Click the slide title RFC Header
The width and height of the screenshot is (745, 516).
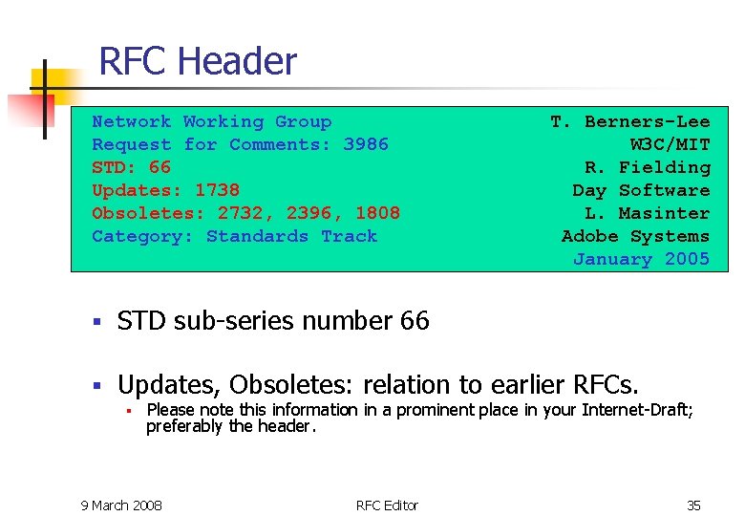click(198, 62)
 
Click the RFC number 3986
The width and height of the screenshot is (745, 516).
click(366, 144)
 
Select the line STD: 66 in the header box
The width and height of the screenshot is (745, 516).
click(131, 167)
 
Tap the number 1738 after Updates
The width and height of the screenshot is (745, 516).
click(217, 190)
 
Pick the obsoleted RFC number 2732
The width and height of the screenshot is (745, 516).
click(240, 213)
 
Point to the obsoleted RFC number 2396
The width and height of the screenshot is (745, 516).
click(309, 213)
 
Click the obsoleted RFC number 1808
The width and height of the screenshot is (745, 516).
click(377, 213)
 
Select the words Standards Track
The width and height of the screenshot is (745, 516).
click(291, 236)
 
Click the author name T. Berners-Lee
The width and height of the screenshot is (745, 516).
click(629, 121)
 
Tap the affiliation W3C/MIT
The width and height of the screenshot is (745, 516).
click(670, 144)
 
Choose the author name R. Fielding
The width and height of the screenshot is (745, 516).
click(647, 167)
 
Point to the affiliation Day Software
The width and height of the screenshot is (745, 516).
click(641, 190)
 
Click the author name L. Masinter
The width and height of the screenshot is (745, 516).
click(647, 213)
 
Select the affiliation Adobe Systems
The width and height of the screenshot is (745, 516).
click(635, 236)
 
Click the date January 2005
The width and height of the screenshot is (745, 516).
click(641, 259)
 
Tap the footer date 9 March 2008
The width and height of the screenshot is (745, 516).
click(121, 505)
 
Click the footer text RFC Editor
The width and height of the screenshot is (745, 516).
click(387, 505)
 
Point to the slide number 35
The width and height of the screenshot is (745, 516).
click(693, 505)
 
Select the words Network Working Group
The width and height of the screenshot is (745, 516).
click(211, 121)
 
